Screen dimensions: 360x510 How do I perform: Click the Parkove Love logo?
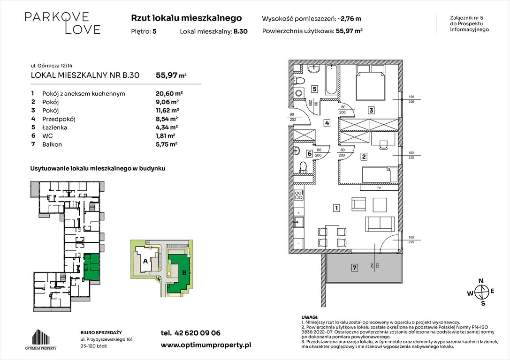pyautogui.click(x=62, y=23)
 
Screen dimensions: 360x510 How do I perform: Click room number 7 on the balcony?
pyautogui.click(x=355, y=268)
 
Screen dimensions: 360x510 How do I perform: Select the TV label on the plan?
pyautogui.click(x=378, y=188)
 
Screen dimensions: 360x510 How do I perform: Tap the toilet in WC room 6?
pyautogui.click(x=303, y=167)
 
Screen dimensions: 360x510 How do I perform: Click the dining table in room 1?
pyautogui.click(x=332, y=236)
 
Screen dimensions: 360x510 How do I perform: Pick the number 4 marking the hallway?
pyautogui.click(x=327, y=123)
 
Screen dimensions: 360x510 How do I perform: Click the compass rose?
pyautogui.click(x=481, y=293)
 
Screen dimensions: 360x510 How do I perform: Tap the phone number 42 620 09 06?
pyautogui.click(x=190, y=333)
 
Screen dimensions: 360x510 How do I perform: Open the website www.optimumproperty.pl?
pyautogui.click(x=206, y=345)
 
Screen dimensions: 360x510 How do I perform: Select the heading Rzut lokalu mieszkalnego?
pyautogui.click(x=186, y=18)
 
